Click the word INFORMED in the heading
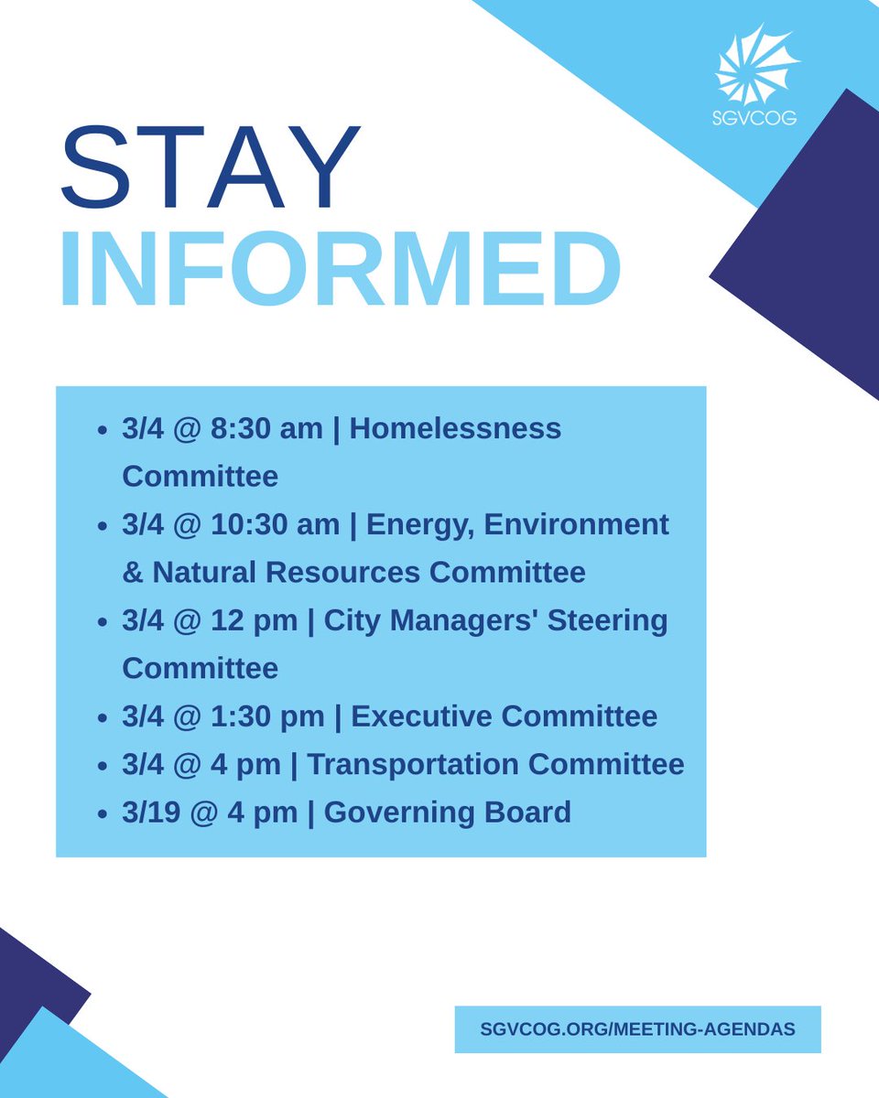click(x=340, y=270)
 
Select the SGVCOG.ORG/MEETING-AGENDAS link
click(x=637, y=1029)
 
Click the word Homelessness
click(x=455, y=428)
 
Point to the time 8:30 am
click(x=267, y=428)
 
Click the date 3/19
click(x=151, y=813)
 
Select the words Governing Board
click(x=447, y=813)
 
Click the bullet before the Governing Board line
click(x=103, y=813)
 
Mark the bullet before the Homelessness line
click(x=103, y=429)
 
